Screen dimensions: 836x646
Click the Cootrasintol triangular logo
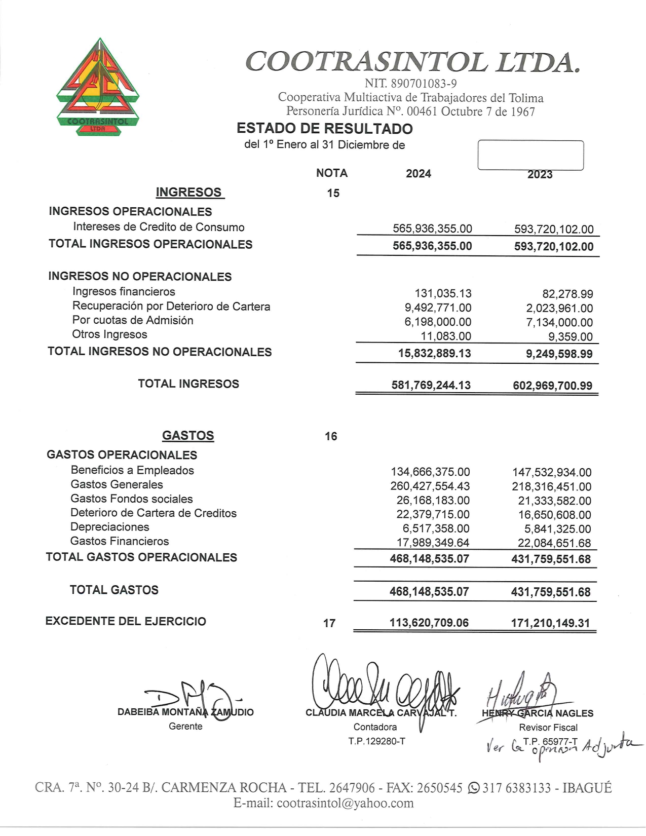pyautogui.click(x=98, y=86)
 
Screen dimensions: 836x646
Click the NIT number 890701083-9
pyautogui.click(x=410, y=84)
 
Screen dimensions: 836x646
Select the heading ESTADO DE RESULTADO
pyautogui.click(x=324, y=129)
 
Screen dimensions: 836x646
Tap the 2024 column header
pyautogui.click(x=418, y=174)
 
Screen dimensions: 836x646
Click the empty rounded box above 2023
pyautogui.click(x=530, y=155)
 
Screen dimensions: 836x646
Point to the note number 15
pyautogui.click(x=333, y=193)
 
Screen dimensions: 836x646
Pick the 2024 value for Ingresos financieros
pyautogui.click(x=443, y=293)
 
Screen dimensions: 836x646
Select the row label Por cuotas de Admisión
pyautogui.click(x=133, y=320)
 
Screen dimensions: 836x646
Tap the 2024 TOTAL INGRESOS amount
pyautogui.click(x=431, y=385)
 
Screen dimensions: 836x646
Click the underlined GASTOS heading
pyautogui.click(x=188, y=436)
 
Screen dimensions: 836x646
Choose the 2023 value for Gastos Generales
pyautogui.click(x=551, y=486)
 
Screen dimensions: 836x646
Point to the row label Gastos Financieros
pyautogui.click(x=120, y=541)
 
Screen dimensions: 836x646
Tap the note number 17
pyautogui.click(x=329, y=623)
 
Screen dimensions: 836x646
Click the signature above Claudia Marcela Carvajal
pyautogui.click(x=385, y=684)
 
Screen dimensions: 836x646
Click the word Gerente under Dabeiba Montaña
pyautogui.click(x=185, y=726)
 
